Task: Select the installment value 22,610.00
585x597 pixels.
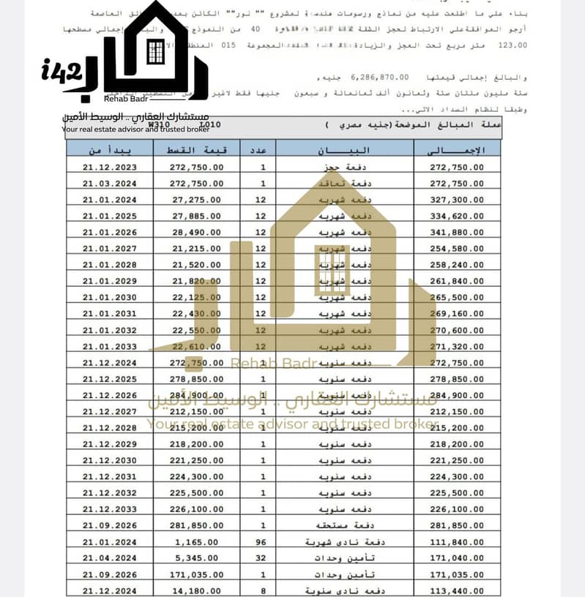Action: coord(198,346)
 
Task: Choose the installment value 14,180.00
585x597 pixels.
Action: coord(198,590)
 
